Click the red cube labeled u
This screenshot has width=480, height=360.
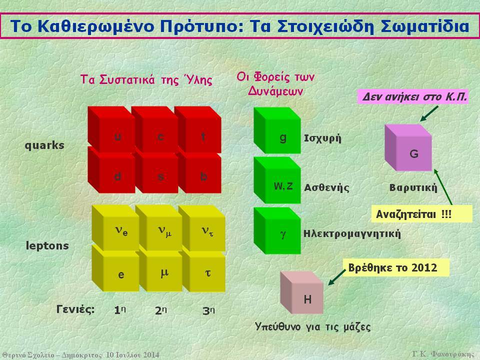(111, 129)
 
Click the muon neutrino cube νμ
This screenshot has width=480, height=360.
(159, 228)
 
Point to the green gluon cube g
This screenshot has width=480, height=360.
(277, 130)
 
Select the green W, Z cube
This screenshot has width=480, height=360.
(277, 180)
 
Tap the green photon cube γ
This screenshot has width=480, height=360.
(277, 230)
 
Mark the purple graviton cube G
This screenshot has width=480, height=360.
(408, 147)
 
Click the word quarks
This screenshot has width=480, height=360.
(44, 145)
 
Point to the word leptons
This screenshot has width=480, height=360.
(47, 245)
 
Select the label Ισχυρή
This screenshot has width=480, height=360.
(322, 138)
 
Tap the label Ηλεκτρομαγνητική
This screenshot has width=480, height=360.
(352, 234)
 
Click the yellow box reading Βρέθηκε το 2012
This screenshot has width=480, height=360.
(396, 267)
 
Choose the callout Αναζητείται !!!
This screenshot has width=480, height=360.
(421, 213)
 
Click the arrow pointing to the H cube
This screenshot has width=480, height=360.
(337, 277)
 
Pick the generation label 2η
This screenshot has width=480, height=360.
(161, 310)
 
